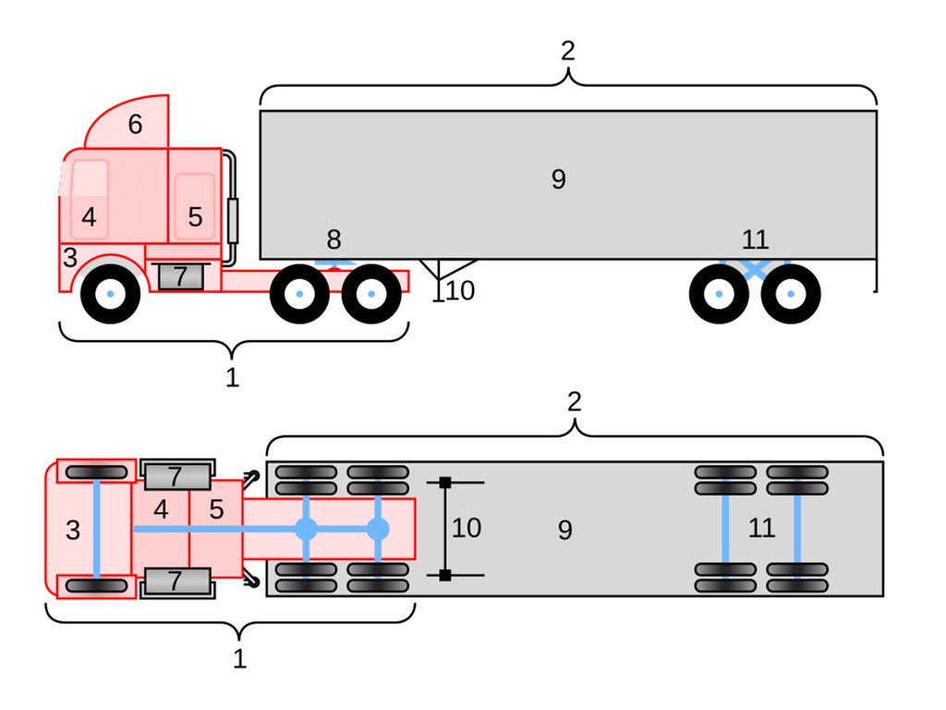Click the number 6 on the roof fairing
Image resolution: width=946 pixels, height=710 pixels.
pos(135,125)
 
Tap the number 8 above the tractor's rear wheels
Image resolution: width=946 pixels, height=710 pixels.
pos(334,240)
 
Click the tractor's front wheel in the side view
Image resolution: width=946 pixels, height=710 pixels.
pos(110,294)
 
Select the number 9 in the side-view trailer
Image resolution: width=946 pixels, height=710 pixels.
pos(558,179)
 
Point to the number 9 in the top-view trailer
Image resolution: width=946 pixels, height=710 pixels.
pos(564,531)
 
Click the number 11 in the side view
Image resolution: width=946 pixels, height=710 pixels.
pos(755,240)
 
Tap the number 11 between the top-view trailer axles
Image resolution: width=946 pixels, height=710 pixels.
pos(760,528)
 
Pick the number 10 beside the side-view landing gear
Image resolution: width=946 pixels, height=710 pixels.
pos(460,291)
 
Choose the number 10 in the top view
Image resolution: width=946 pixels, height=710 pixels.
pos(467,528)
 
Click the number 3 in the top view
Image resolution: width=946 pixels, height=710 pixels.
pos(73,531)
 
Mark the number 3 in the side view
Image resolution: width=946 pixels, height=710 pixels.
pos(70,258)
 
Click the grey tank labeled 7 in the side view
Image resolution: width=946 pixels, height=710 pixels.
pos(180,276)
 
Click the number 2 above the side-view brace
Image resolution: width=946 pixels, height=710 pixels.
pos(567,51)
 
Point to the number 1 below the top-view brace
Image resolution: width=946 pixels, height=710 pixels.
pos(239,659)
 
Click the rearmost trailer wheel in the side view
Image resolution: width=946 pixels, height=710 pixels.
pos(791,294)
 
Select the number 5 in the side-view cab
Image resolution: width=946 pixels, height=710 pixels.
pos(195,217)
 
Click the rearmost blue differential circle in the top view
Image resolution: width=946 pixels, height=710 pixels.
pos(378,530)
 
